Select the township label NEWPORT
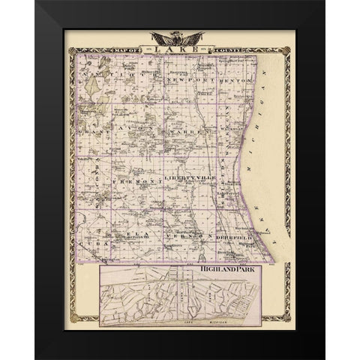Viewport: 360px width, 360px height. click(x=185, y=79)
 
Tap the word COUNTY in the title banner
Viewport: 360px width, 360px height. click(x=227, y=49)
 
